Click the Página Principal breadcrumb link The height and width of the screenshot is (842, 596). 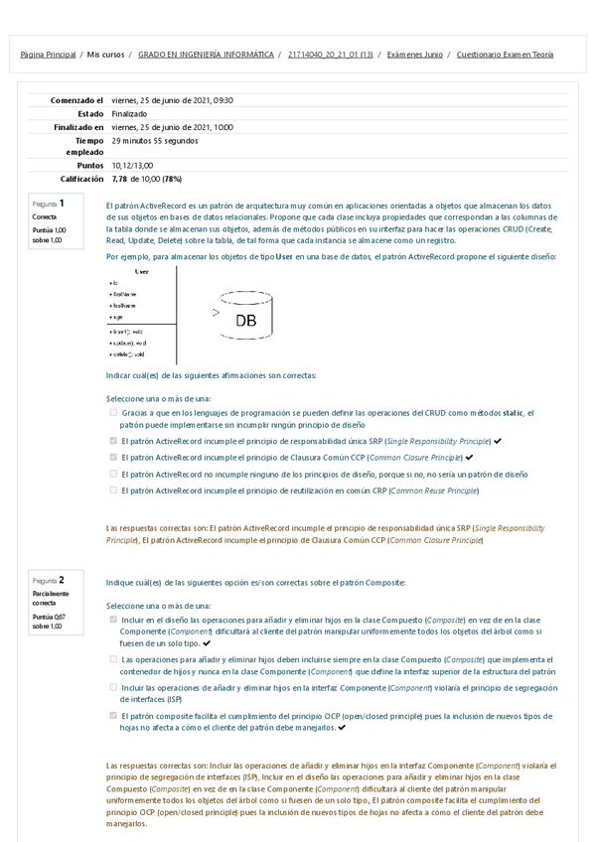(48, 55)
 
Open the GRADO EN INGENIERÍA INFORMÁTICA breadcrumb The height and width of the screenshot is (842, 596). (206, 55)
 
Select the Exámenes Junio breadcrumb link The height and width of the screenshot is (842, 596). (414, 55)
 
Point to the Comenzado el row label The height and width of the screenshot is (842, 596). (76, 100)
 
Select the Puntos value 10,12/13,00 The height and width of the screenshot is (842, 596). (132, 166)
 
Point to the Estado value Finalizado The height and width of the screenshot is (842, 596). (130, 114)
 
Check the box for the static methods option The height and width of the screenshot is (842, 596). (113, 412)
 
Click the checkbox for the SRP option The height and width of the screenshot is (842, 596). (113, 440)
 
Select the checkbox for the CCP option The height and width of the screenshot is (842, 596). (113, 457)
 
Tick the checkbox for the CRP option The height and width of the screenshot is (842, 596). (113, 490)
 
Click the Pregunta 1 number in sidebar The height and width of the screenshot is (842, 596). (62, 203)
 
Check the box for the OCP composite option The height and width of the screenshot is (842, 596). (113, 714)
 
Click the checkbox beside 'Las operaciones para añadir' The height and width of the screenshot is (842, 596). (113, 658)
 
